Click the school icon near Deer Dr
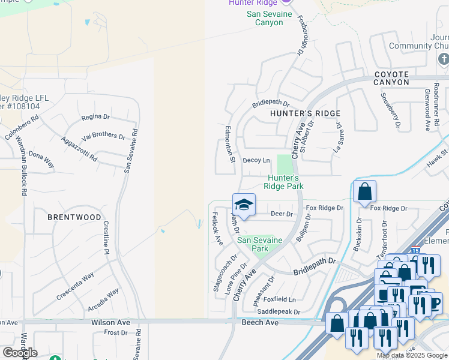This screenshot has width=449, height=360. [244, 205]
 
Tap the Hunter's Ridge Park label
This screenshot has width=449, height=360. [283, 182]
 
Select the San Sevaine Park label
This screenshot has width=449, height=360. [259, 244]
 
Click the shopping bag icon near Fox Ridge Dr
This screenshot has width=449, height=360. [365, 192]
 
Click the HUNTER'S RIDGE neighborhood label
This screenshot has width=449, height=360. [305, 113]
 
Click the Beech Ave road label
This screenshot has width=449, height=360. [260, 322]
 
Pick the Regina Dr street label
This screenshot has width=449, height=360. [95, 117]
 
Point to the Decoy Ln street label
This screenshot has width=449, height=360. [256, 160]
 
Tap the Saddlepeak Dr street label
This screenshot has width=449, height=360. [278, 312]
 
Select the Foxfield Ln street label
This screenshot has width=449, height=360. [280, 299]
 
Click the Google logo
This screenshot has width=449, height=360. [20, 352]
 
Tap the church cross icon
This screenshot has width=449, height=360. [443, 59]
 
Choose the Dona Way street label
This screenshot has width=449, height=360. [41, 160]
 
